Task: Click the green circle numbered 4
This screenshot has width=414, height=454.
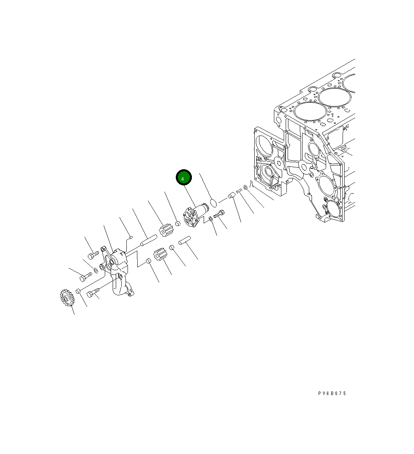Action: (x=184, y=178)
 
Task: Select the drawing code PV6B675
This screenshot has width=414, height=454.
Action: (x=332, y=393)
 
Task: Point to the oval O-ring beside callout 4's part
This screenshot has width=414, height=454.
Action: (x=213, y=203)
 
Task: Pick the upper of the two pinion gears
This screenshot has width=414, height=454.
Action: (x=166, y=231)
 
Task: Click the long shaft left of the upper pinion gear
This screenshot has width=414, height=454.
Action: (x=149, y=241)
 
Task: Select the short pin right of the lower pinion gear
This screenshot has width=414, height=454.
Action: (x=184, y=240)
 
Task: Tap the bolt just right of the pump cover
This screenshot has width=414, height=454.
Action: (x=219, y=214)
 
